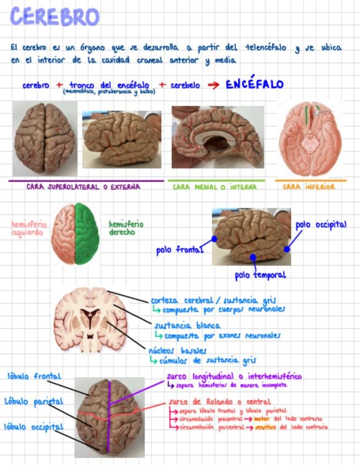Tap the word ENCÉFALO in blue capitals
pyautogui.click(x=255, y=84)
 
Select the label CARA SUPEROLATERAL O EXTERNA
pyautogui.click(x=83, y=187)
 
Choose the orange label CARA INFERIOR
pyautogui.click(x=309, y=187)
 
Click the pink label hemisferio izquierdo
pyautogui.click(x=29, y=228)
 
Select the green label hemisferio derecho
pyautogui.click(x=126, y=228)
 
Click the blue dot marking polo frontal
pyautogui.click(x=214, y=239)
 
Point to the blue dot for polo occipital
pyautogui.click(x=286, y=248)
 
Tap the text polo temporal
pyautogui.click(x=261, y=275)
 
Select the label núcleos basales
pyautogui.click(x=177, y=350)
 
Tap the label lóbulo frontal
pyautogui.click(x=34, y=376)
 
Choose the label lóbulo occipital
pyautogui.click(x=34, y=427)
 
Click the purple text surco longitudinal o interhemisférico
pyautogui.click(x=234, y=377)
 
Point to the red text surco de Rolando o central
pyautogui.click(x=220, y=402)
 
